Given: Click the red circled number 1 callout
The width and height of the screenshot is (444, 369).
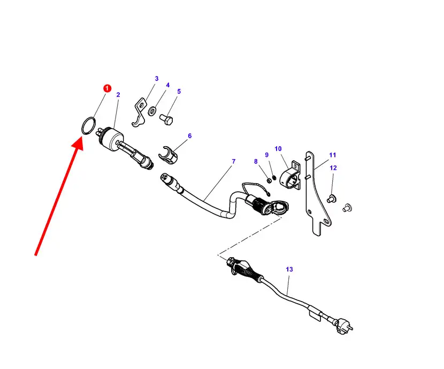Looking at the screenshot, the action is pos(107,88).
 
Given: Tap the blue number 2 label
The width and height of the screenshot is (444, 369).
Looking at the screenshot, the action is pos(118,95).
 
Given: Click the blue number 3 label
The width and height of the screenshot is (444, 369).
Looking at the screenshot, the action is pos(157,79).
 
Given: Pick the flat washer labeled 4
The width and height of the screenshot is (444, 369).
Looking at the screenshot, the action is pos(152,111).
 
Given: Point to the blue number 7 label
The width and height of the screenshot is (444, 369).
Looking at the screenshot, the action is pos(234,161).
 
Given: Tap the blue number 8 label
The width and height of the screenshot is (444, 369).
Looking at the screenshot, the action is pos(256,162).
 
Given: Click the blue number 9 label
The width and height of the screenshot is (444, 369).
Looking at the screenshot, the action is pos(267,155).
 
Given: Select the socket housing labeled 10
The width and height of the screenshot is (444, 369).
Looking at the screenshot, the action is pos(290,176).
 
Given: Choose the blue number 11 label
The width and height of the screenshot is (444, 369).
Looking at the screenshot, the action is pos(332,155).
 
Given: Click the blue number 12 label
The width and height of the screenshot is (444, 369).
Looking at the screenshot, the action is pos(333,168).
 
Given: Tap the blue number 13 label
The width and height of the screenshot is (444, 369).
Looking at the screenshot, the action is pos(289,269).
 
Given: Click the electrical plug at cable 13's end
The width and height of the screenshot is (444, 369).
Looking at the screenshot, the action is pos(343,327).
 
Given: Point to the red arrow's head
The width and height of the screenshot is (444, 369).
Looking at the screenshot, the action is pos(78,143).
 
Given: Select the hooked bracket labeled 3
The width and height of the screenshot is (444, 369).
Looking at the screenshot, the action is pos(139,112).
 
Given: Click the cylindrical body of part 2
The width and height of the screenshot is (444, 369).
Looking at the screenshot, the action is pos(111,138).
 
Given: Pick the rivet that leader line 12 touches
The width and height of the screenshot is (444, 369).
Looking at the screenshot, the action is pos(331,198).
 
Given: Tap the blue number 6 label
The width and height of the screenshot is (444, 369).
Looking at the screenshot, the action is pos(190,135).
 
